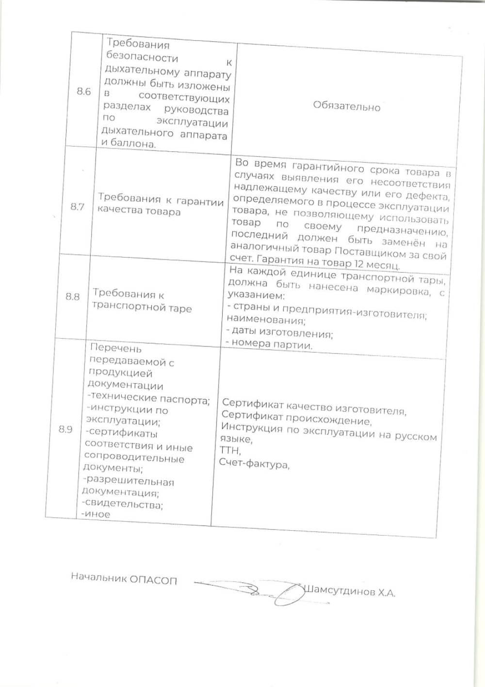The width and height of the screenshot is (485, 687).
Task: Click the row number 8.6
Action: pyautogui.click(x=84, y=92)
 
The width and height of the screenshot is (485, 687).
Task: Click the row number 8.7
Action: pyautogui.click(x=78, y=207)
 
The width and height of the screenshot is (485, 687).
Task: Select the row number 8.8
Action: pyautogui.click(x=73, y=296)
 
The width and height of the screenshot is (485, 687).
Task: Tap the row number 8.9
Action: pyautogui.click(x=65, y=429)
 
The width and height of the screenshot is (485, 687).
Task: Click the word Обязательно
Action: pyautogui.click(x=347, y=106)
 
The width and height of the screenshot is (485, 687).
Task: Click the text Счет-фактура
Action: pyautogui.click(x=254, y=463)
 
